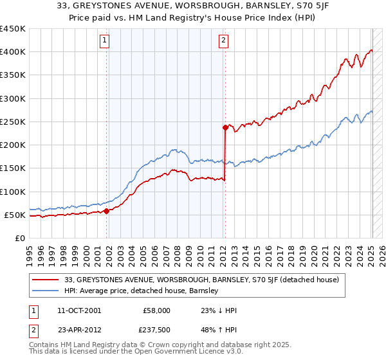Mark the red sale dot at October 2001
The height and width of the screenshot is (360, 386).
pos(106,211)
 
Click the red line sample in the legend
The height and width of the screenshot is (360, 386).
pos(46,280)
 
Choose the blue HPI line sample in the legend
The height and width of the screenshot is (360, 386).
pos(46,291)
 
